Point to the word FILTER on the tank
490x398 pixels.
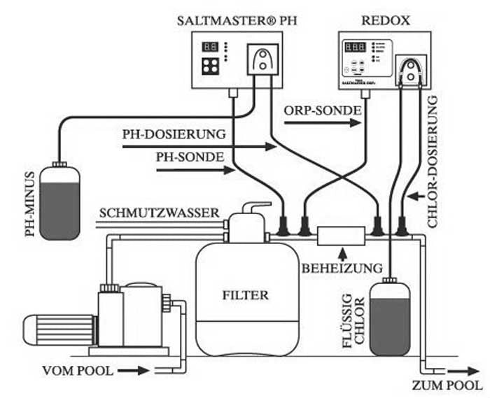tap(245, 294)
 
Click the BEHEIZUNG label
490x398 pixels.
tap(342, 268)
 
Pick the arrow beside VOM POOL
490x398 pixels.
tap(139, 371)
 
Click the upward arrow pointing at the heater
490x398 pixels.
tap(342, 253)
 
